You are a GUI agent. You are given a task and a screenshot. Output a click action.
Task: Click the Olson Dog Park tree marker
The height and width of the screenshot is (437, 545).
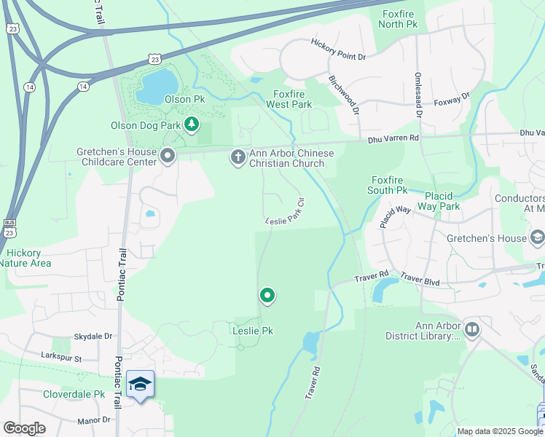(x=192, y=125)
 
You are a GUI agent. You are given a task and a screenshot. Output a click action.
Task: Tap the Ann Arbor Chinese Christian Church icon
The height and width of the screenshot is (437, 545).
(x=238, y=157)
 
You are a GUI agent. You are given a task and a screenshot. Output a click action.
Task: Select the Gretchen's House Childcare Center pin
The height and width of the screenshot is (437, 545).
(x=168, y=157)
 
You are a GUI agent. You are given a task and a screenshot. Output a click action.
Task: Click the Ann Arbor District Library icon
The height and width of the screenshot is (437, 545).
(x=472, y=331)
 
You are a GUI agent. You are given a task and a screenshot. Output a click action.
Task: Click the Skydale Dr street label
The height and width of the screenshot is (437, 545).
(x=93, y=336)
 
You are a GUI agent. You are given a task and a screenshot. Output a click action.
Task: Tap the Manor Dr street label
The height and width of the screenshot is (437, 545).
(x=95, y=420)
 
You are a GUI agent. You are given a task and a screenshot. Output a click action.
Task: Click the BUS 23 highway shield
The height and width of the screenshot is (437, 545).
(x=9, y=227)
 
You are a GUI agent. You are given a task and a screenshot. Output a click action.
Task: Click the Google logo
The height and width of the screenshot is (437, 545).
(x=24, y=428)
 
